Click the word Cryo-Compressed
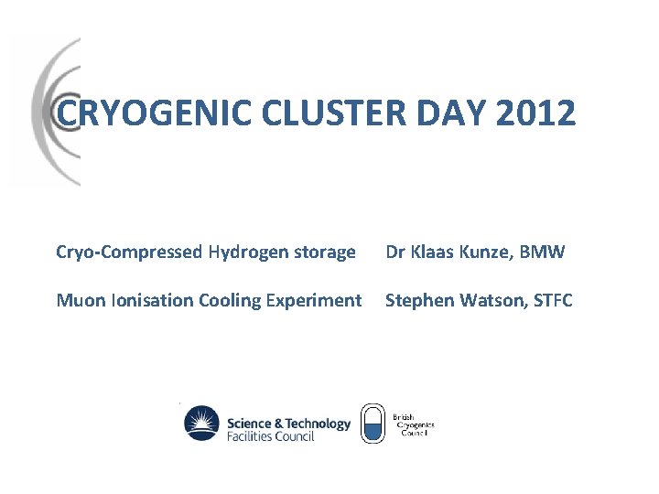click(x=129, y=252)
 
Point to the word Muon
click(x=78, y=300)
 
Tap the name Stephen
click(x=416, y=300)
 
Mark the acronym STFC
click(x=551, y=300)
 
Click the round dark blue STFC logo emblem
click(x=202, y=424)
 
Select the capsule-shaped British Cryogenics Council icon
click(x=372, y=424)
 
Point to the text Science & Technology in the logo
click(x=287, y=424)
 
